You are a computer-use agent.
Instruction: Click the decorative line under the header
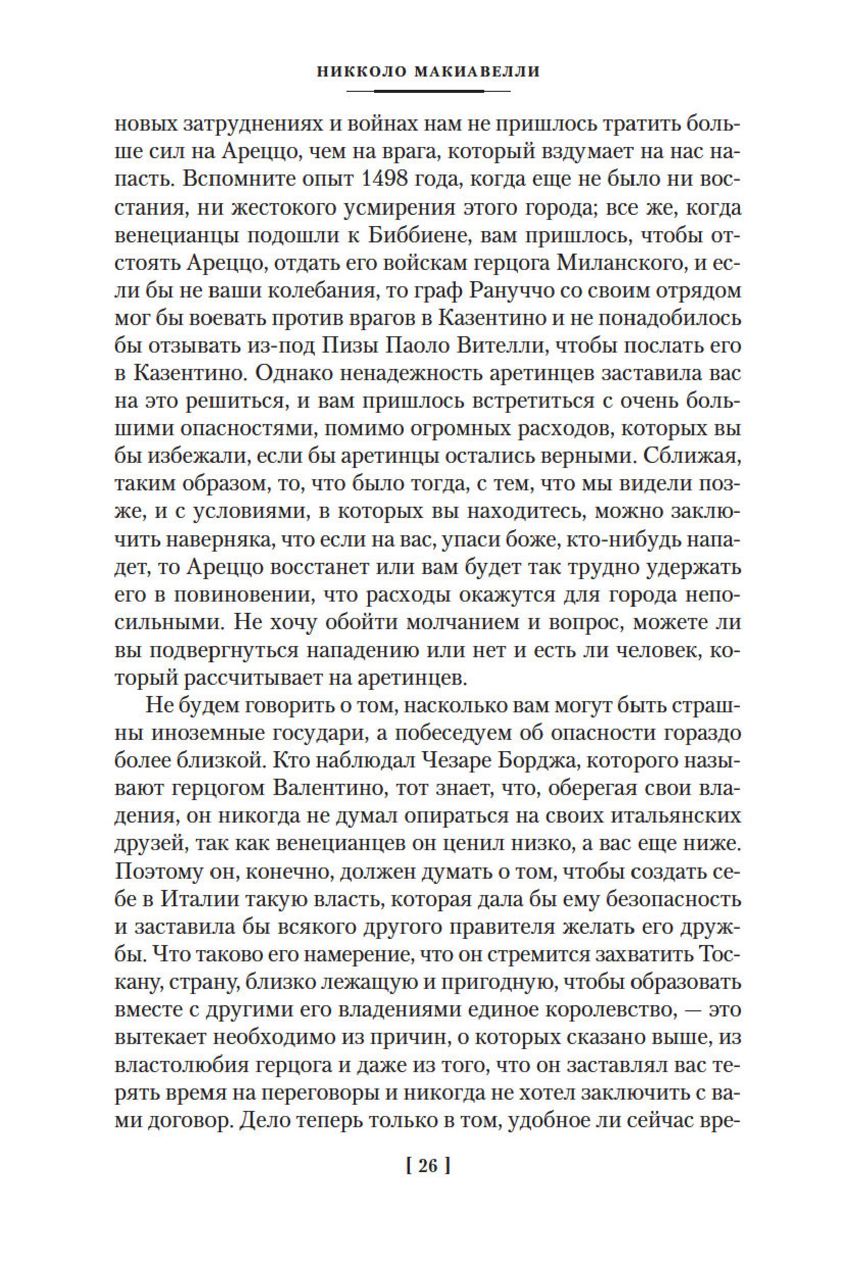pyautogui.click(x=421, y=91)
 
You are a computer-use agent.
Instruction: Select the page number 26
pyautogui.click(x=421, y=1196)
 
